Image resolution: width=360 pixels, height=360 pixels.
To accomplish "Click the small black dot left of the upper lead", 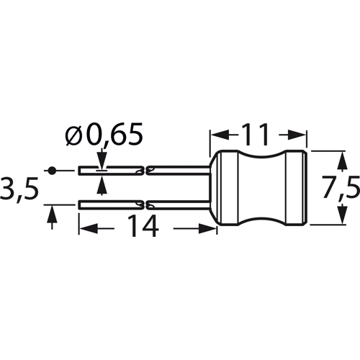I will click(52, 171).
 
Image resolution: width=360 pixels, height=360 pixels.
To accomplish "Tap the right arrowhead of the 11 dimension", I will click(300, 135).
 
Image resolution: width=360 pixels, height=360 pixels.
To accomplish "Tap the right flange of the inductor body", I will click(298, 188).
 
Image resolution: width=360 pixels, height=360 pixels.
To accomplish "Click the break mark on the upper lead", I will click(147, 171).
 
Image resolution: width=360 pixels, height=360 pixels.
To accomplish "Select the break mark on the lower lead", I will click(147, 204).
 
